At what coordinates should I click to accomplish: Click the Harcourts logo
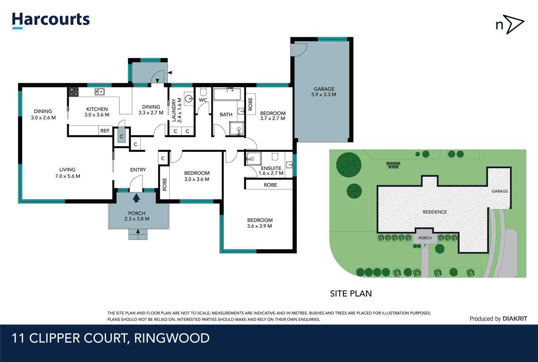51,20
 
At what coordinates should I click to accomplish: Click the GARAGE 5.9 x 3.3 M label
324,92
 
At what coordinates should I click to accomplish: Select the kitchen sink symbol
99,92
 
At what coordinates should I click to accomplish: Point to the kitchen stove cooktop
74,92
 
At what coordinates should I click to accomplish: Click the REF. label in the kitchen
105,131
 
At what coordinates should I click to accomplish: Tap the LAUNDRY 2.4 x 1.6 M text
177,110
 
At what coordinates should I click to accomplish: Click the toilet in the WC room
203,91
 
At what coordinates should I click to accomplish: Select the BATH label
226,115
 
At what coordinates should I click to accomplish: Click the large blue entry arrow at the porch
136,198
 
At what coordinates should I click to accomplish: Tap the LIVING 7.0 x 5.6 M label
67,173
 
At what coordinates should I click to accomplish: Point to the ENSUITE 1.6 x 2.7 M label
271,171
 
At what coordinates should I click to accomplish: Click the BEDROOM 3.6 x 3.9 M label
260,223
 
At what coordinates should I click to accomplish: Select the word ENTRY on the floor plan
138,170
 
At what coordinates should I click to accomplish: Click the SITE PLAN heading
351,294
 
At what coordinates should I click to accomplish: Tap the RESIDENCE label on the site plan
435,212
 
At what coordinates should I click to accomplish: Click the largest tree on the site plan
349,165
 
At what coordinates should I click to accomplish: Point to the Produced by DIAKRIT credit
498,319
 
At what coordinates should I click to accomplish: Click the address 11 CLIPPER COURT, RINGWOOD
110,338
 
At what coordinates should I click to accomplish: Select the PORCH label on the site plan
425,238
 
